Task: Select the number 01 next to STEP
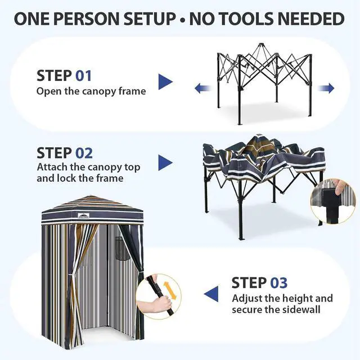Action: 84,76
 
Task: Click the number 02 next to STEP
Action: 84,153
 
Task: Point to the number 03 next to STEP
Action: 279,282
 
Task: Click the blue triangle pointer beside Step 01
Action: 165,82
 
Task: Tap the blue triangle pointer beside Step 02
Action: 165,163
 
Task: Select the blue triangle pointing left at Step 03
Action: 211,294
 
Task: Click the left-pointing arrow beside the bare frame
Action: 203,88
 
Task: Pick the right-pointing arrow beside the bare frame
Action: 326,88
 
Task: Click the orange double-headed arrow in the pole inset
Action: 170,291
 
